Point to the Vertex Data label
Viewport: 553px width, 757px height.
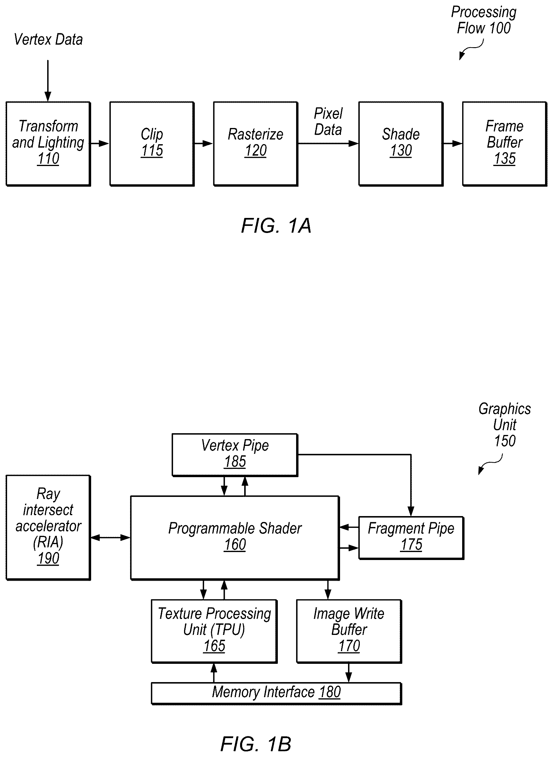[48, 40]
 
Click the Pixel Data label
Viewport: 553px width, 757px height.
[328, 122]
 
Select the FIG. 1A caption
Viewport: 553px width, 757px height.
[276, 226]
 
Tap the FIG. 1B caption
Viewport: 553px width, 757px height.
[256, 744]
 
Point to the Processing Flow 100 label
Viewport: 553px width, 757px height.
[484, 20]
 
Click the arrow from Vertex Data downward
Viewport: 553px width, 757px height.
[48, 81]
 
